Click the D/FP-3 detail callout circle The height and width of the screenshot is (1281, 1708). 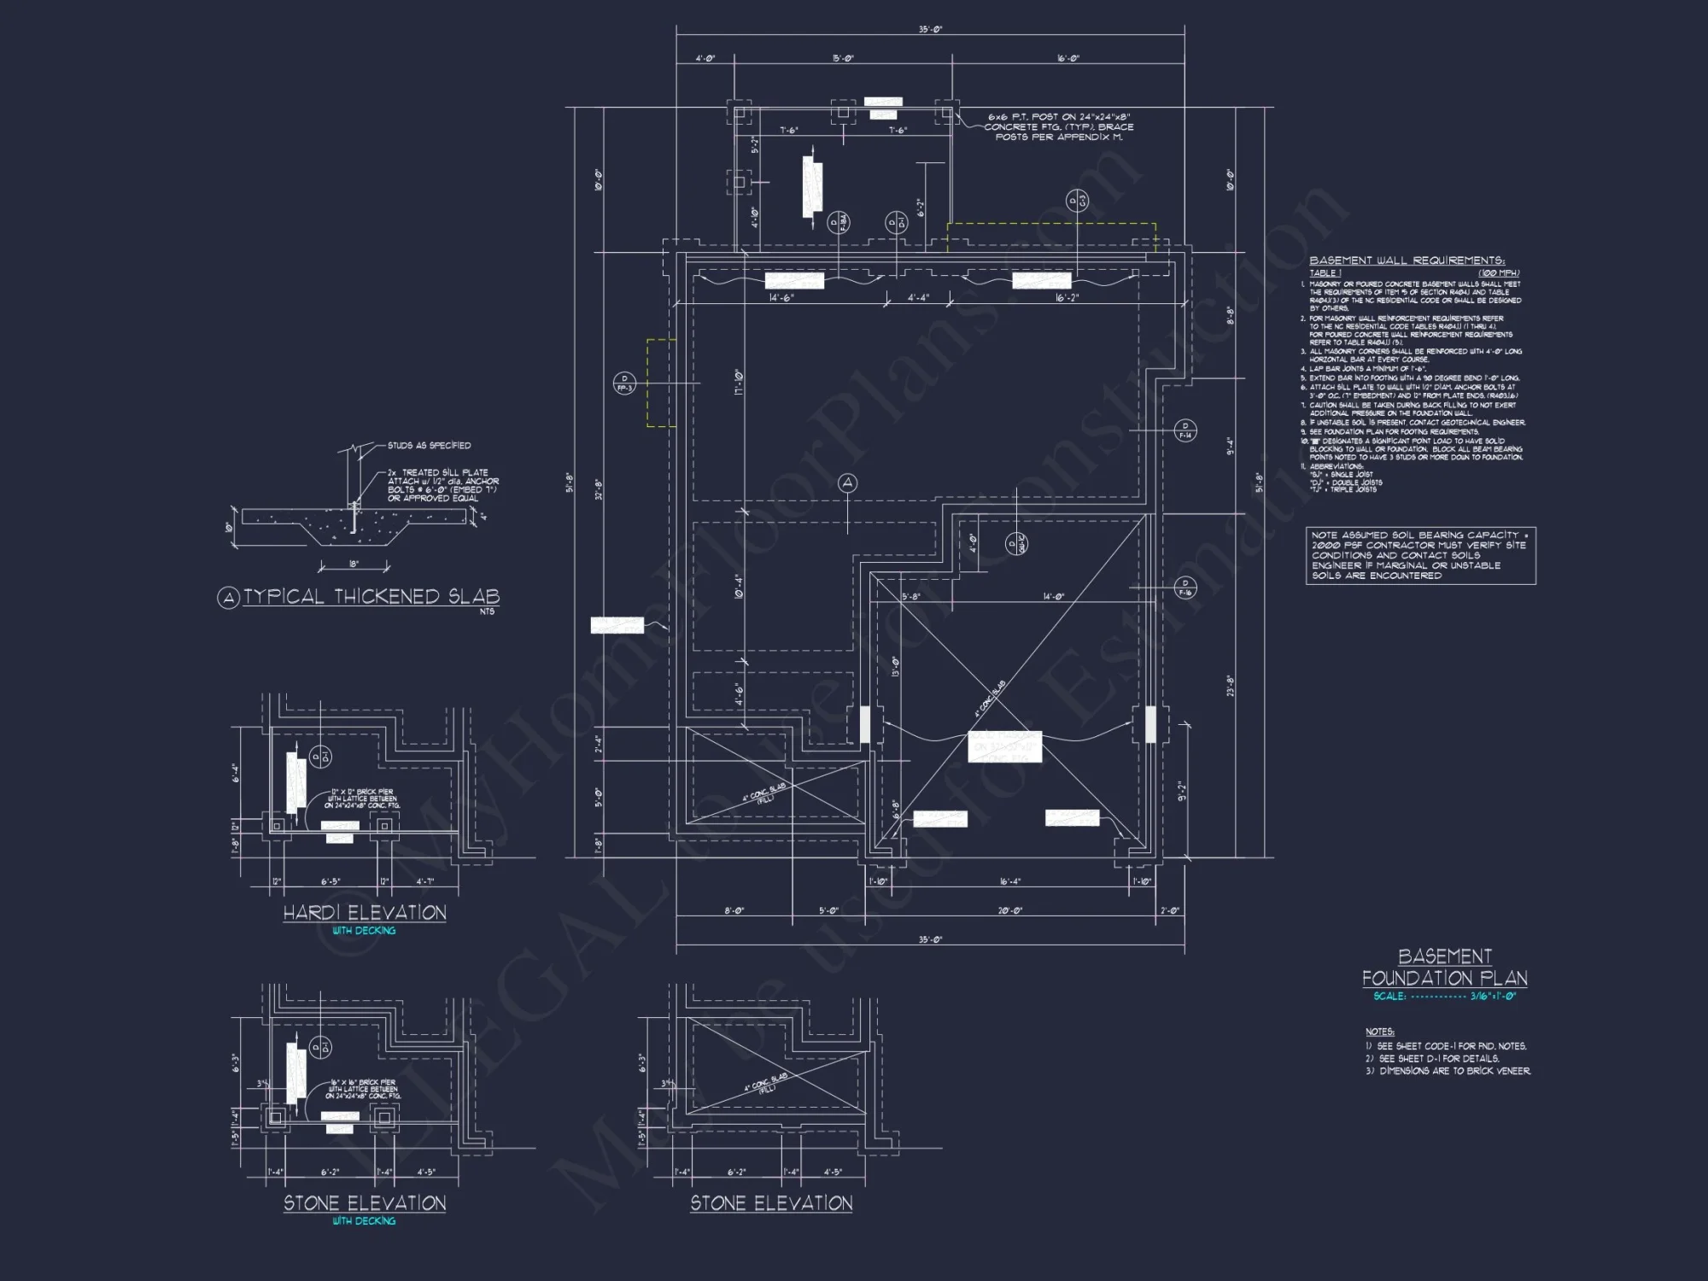[x=624, y=383]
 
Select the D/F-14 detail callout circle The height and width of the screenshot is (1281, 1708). [x=1185, y=430]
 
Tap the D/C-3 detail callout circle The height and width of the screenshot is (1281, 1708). [x=1077, y=202]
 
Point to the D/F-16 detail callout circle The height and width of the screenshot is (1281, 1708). [x=1185, y=588]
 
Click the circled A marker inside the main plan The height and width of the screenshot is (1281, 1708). [x=847, y=483]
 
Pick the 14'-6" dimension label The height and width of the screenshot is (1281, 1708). [x=781, y=298]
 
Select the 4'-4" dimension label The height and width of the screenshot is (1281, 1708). [x=918, y=298]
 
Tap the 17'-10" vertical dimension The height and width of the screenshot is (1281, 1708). [x=738, y=382]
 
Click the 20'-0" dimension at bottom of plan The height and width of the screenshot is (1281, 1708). [x=1010, y=911]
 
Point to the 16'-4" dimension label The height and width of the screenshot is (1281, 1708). [x=1010, y=881]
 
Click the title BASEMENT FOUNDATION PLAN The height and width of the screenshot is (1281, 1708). [x=1444, y=968]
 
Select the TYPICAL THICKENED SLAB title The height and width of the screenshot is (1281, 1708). [x=371, y=597]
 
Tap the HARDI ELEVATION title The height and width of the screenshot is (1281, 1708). [x=365, y=913]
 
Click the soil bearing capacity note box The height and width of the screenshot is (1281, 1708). [x=1420, y=555]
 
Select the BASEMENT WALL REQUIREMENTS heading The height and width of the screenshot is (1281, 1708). [x=1407, y=260]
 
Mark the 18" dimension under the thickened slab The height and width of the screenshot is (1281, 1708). [x=354, y=564]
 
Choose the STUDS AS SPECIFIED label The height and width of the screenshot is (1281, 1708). [x=429, y=446]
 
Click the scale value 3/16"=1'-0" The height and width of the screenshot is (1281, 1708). [x=1493, y=997]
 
